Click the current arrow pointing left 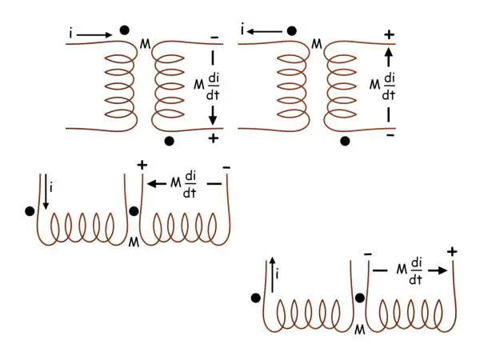coord(264,30)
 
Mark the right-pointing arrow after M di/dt coord(437,270)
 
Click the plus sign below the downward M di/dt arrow coord(214,139)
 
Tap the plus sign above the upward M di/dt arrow coord(390,35)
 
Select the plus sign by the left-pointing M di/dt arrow coord(142,166)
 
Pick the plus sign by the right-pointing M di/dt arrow coord(452,252)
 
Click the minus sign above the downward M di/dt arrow coord(214,38)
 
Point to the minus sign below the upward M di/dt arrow coord(390,135)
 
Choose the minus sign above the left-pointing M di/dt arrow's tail coord(226,167)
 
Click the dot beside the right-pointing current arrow coord(124,30)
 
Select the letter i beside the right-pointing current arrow coord(71,34)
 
